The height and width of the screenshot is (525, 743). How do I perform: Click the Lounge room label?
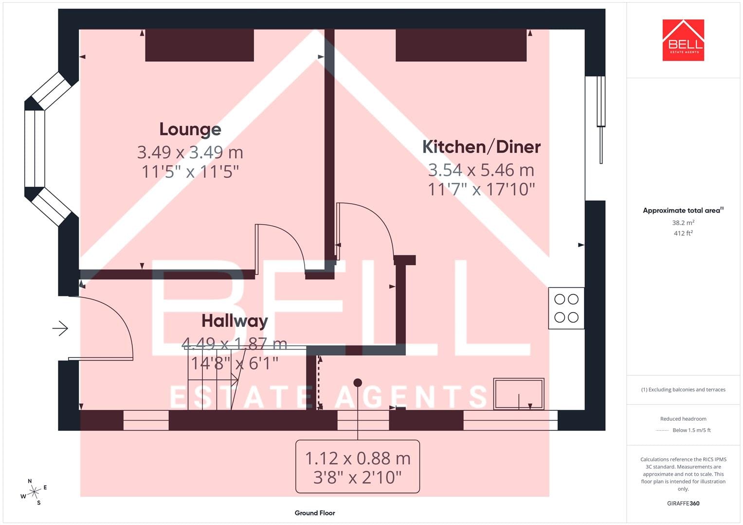190,130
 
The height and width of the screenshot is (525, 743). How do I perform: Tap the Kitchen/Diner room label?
481,147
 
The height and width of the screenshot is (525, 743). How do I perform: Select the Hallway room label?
235,321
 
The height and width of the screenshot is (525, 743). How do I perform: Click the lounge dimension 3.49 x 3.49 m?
190,153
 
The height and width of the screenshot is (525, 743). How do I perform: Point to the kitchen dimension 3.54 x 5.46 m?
481,170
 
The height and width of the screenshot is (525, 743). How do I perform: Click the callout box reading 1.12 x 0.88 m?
358,467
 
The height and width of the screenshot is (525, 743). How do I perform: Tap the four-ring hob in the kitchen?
566,308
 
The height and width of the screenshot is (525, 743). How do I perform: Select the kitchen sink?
519,394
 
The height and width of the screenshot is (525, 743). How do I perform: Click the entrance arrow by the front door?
60,329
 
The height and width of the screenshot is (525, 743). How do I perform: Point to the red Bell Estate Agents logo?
683,40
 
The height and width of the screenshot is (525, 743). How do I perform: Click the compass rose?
34,492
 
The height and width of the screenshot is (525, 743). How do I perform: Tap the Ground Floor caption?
315,513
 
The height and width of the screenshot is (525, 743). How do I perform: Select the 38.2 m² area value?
683,223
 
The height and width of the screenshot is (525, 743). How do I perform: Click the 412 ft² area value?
683,233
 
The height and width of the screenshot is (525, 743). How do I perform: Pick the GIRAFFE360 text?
683,504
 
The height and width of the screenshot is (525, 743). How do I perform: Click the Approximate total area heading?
683,210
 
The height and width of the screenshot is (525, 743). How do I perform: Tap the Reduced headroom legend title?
683,419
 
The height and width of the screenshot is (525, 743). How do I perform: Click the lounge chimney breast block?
199,45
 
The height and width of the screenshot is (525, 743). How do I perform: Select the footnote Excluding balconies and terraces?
683,389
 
